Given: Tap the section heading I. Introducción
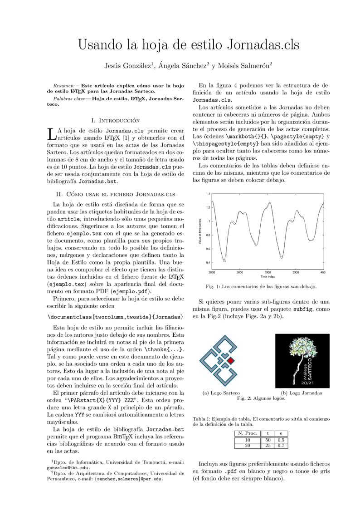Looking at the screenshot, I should tap(116, 120).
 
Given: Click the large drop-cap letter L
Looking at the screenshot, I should tap(52, 134).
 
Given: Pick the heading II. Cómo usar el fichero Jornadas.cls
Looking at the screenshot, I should tap(116, 194).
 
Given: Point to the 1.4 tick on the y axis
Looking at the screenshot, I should tap(208, 194).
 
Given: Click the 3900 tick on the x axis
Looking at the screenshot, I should tap(268, 272).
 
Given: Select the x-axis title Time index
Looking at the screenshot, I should tap(268, 276).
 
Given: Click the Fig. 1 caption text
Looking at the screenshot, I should tap(261, 286).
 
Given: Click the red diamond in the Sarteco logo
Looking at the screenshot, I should tap(230, 360).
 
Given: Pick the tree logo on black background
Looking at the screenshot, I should tap(302, 361).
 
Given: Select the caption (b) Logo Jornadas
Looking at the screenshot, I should tap(301, 393).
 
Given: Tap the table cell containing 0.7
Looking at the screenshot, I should tap(281, 446).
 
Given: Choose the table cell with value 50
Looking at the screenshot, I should tap(268, 440).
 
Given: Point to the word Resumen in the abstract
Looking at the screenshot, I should tap(62, 85).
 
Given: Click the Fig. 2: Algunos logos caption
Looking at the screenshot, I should tap(261, 398).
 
